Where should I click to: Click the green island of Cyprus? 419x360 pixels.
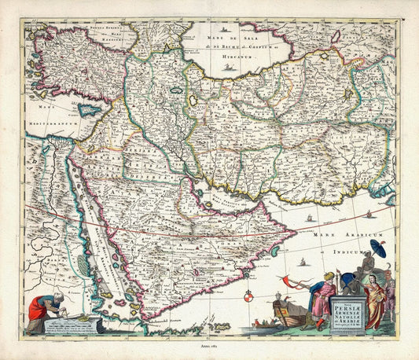[x=89, y=111]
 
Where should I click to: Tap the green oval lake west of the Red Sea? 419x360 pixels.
[x=84, y=266]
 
